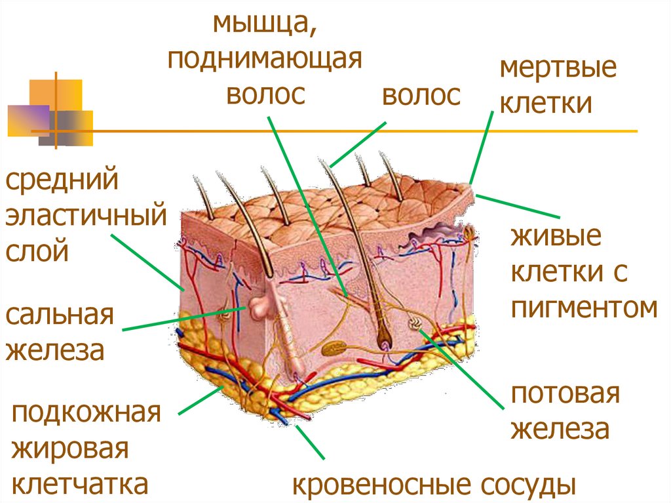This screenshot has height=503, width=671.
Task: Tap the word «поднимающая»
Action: coord(265,61)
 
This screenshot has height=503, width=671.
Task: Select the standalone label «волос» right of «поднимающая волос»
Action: coord(421,96)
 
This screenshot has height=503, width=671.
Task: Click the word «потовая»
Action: coord(565,395)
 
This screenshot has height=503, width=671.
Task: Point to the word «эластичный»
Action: coord(85,214)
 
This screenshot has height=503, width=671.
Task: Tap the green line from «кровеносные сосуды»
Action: coord(311,443)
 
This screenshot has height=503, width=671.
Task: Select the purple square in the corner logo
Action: coord(28,119)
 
